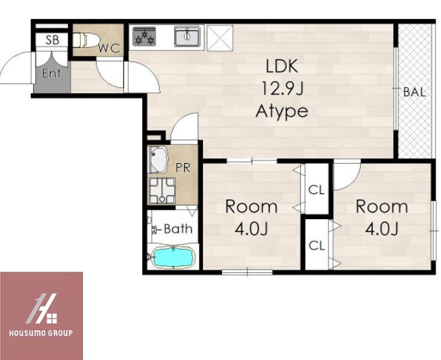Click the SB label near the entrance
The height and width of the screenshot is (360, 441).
[x=53, y=40]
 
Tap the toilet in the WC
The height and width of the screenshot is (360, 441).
[x=85, y=40]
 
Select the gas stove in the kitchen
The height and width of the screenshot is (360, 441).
[x=144, y=36]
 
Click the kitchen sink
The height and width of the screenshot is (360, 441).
[x=187, y=36]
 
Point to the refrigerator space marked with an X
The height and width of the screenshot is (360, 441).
[x=220, y=38]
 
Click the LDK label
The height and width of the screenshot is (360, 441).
[x=282, y=66]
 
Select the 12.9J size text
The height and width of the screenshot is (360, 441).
[x=282, y=88]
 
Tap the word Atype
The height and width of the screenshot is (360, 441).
[x=282, y=111]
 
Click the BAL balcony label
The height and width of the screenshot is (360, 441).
[x=414, y=92]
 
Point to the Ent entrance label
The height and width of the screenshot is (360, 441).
[x=51, y=73]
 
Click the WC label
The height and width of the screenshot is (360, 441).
[x=109, y=49]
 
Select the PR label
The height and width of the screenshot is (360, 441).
[x=183, y=168]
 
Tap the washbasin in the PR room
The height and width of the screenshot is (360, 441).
[x=158, y=160]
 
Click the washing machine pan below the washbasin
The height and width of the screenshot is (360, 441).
[x=162, y=191]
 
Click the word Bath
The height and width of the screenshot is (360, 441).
[x=178, y=229]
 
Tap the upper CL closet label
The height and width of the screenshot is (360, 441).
[x=316, y=190]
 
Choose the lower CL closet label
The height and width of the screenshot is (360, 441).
[x=317, y=246]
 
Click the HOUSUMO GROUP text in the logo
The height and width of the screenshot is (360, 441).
[x=41, y=333]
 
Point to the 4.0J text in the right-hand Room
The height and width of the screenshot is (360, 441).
[x=382, y=229]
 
